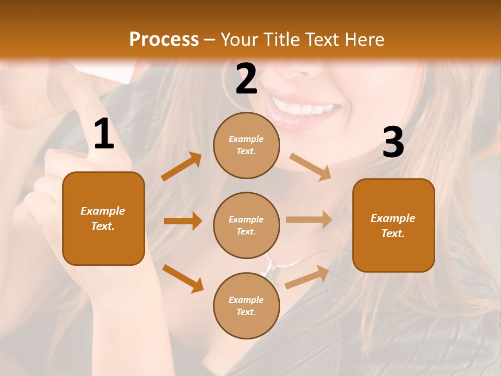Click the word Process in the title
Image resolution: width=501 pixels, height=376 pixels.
[x=164, y=39]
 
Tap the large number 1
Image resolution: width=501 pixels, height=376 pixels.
[x=104, y=135]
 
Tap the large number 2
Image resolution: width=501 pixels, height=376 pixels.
[x=246, y=79]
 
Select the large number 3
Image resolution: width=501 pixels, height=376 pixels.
[x=393, y=142]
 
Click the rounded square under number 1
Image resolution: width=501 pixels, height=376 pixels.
[x=103, y=218]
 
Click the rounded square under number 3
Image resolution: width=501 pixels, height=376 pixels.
[x=393, y=225]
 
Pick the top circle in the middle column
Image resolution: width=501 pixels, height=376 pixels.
[x=246, y=145]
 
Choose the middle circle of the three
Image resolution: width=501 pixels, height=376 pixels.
[x=246, y=225]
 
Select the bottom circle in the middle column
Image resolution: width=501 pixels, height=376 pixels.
[x=246, y=305]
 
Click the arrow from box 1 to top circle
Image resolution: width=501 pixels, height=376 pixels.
[x=182, y=167]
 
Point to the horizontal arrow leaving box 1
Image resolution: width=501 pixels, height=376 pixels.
[x=183, y=221]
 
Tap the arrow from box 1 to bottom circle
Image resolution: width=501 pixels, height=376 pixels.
[x=183, y=278]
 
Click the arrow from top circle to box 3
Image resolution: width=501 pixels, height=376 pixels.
[x=311, y=167]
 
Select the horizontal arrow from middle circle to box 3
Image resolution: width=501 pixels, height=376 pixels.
[x=309, y=220]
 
